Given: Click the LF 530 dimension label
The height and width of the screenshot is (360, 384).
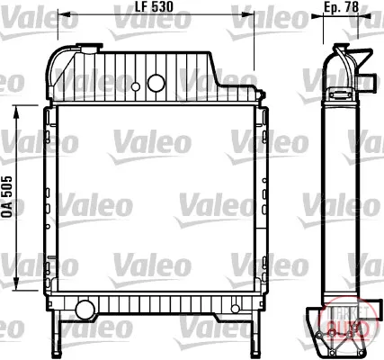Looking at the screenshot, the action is coord(155,6).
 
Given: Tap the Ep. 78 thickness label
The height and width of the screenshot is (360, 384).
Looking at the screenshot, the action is coord(341,7).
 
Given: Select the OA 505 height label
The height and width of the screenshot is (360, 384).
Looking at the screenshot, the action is coord(7,197).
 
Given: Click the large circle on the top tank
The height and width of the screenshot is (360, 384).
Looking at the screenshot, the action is coord(156,83).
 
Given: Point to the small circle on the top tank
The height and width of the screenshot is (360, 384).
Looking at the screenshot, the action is coord(136,87).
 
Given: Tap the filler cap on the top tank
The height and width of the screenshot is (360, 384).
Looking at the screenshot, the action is coord(89,48).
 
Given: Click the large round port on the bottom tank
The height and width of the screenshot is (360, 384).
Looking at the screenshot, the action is coord(85,310).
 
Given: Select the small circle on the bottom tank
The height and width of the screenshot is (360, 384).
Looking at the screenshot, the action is coord(236,309).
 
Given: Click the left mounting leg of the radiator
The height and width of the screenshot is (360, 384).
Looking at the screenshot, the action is coord(57,332).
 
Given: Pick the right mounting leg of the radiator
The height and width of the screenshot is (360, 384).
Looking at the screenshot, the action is coord(255,332).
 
